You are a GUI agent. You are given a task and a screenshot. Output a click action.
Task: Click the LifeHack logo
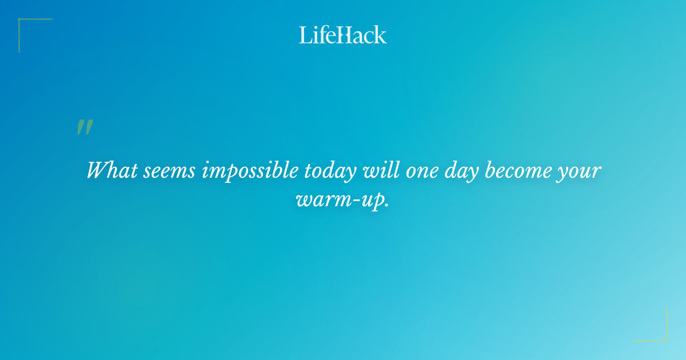(x=343, y=35)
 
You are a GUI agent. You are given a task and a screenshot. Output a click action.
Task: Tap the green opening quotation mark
(x=84, y=127)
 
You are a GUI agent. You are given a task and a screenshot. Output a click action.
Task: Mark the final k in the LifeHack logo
(x=380, y=35)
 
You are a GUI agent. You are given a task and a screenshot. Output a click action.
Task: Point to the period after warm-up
(x=386, y=207)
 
